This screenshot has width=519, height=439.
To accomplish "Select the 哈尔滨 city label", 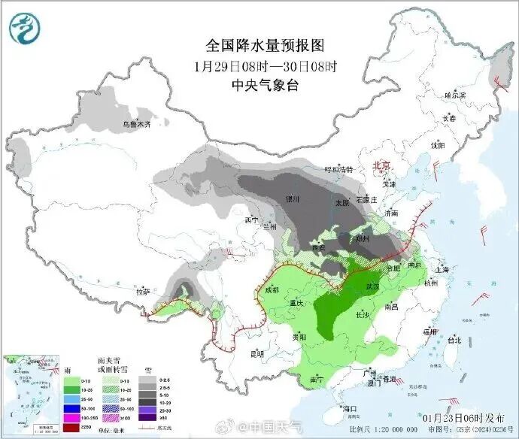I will [454, 95].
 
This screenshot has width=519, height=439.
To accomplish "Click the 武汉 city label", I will [370, 286].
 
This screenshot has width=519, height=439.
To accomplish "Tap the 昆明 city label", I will [258, 353].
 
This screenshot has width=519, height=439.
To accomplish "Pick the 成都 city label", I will [272, 289].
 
